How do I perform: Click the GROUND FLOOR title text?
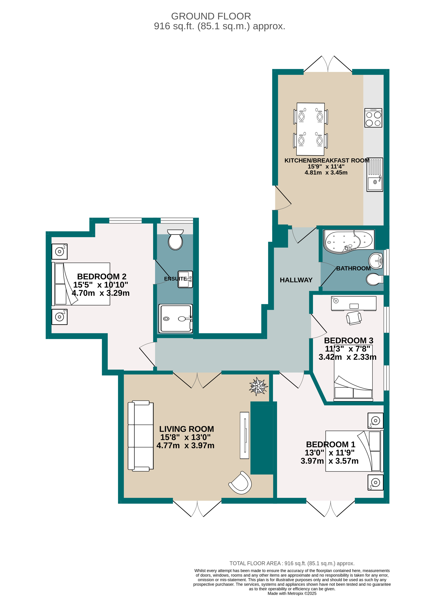(x=211, y=16)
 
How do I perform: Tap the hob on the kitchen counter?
(x=373, y=118)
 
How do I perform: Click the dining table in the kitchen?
(x=310, y=129)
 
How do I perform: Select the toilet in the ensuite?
(x=175, y=240)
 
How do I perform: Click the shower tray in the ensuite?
(x=175, y=318)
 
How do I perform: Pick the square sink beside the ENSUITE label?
(x=185, y=279)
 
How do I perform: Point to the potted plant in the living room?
(x=258, y=386)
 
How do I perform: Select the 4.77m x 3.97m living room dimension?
(x=185, y=445)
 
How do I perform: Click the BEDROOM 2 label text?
(x=102, y=276)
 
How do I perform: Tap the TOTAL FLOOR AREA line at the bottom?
(x=292, y=563)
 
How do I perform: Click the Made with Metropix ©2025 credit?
(x=292, y=593)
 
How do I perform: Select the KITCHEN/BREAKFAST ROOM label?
(x=327, y=160)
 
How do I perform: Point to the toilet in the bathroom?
(x=374, y=279)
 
